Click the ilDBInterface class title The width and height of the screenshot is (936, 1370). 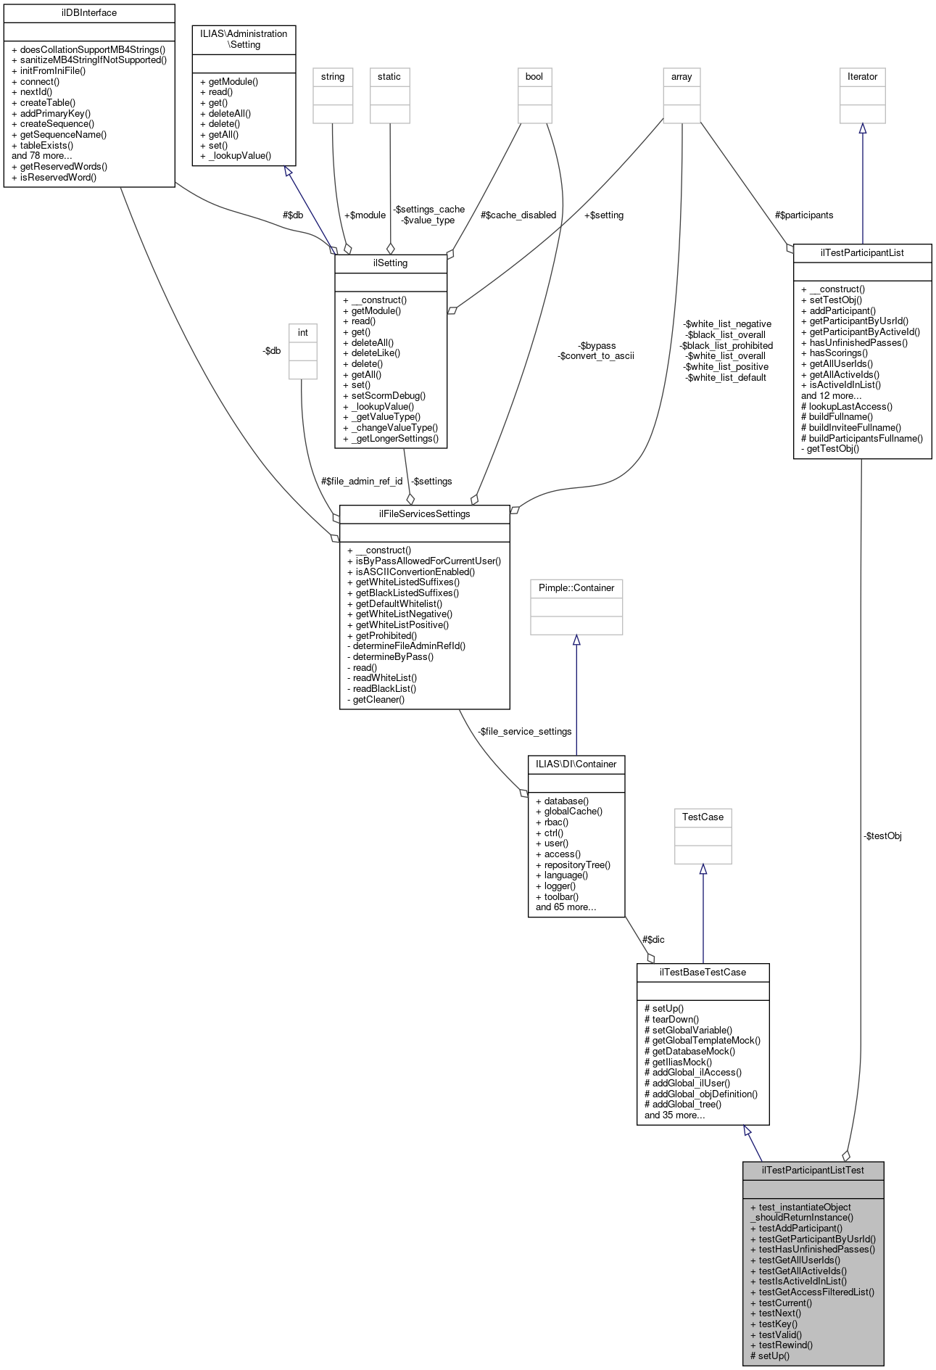point(89,13)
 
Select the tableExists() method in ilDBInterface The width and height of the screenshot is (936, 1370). point(46,145)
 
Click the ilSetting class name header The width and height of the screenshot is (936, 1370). point(390,263)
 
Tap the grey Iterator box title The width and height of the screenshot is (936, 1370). point(862,77)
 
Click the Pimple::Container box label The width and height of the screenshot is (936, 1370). point(576,588)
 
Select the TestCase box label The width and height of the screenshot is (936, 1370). point(703,817)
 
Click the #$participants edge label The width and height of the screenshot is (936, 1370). point(803,215)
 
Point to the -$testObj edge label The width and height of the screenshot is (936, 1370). point(882,836)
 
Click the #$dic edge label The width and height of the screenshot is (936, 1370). point(653,939)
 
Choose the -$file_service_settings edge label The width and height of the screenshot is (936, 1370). point(525,731)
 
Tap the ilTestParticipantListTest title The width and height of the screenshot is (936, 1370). point(813,1171)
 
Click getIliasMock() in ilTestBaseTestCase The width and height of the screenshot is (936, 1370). point(682,1062)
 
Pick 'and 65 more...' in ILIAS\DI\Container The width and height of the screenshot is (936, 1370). point(566,907)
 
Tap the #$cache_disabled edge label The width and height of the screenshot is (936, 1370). point(518,215)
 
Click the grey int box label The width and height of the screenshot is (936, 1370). point(303,333)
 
